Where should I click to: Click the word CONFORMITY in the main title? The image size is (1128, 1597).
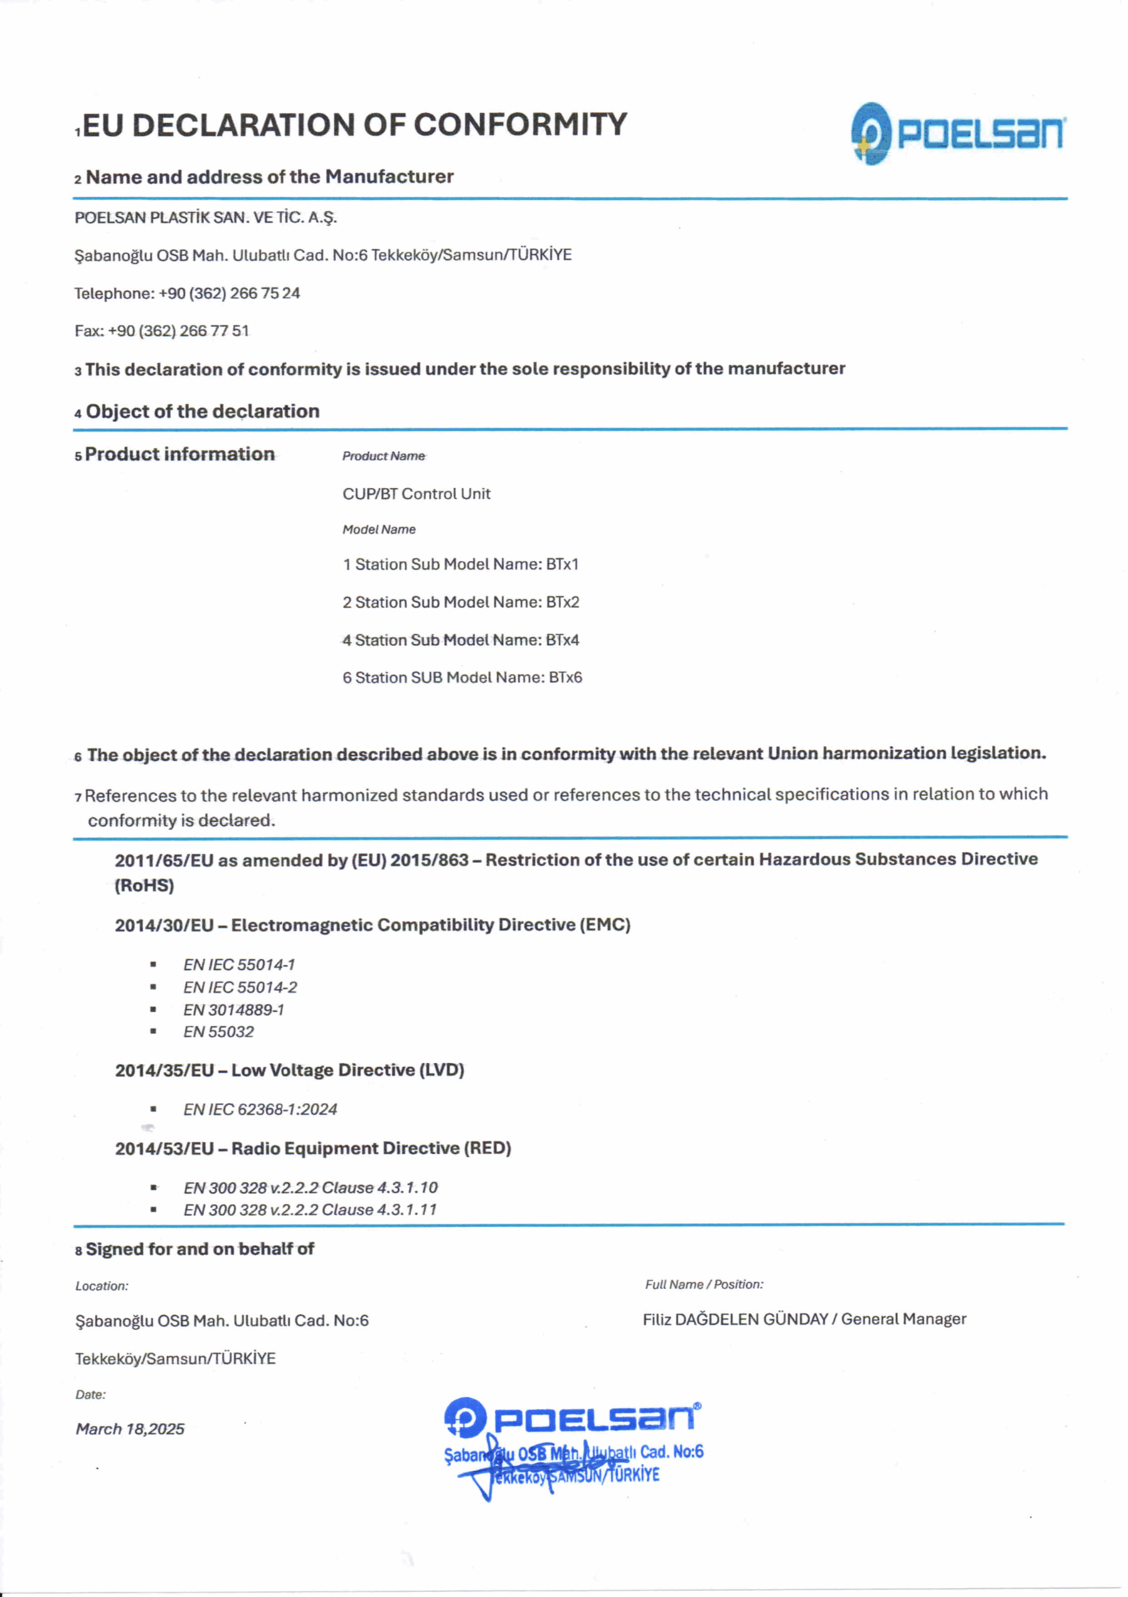pos(520,125)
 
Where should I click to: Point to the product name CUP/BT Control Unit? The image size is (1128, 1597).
pos(416,494)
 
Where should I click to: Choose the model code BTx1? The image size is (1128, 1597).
pos(562,564)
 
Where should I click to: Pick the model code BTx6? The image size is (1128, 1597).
pos(565,677)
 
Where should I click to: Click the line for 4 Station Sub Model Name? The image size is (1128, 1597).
pos(460,640)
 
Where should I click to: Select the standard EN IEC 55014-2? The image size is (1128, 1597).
pos(240,987)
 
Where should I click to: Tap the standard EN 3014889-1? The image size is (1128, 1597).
pos(234,1009)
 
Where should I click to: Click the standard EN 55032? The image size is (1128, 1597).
pos(218,1032)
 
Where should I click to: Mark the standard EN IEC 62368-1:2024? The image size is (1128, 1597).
pos(260,1109)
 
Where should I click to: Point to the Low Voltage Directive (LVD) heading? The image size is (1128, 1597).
pos(289,1070)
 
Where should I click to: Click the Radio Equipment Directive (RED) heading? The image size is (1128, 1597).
pos(313,1148)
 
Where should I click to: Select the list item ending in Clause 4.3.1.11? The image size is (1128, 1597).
pos(310,1210)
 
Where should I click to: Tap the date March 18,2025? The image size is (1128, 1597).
pos(130,1429)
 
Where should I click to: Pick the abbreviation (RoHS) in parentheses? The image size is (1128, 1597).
pos(144,885)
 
